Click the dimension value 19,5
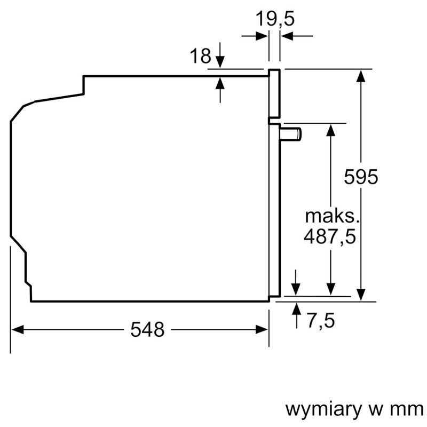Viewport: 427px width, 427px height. (274, 19)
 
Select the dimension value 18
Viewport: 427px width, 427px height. (201, 56)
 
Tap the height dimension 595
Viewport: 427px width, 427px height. (361, 177)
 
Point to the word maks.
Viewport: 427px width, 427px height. (330, 216)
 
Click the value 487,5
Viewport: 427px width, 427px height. (329, 236)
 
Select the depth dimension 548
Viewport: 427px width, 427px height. (147, 330)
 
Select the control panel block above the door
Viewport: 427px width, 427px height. (274, 94)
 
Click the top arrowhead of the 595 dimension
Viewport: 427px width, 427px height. (361, 75)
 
